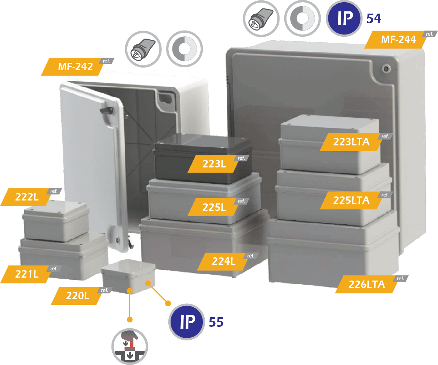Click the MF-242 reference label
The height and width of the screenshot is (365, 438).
click(76, 66)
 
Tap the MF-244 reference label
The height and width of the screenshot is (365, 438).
click(399, 39)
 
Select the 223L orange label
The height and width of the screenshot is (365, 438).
click(214, 164)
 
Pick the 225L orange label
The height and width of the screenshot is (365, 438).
click(214, 207)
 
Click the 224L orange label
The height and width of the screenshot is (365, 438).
click(224, 261)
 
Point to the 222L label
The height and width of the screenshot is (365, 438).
click(27, 197)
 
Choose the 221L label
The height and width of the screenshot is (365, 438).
click(27, 274)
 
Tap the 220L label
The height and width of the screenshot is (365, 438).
click(78, 296)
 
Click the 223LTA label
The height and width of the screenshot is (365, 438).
click(351, 142)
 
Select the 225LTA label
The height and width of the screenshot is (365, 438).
click(351, 200)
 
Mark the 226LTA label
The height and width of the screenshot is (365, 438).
click(367, 284)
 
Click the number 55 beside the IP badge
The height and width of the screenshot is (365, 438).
click(216, 322)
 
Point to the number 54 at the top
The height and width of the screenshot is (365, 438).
click(374, 18)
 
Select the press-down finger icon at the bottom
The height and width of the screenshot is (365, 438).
click(129, 347)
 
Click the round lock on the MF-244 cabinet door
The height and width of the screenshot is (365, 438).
click(386, 68)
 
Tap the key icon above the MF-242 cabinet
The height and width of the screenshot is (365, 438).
click(143, 49)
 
